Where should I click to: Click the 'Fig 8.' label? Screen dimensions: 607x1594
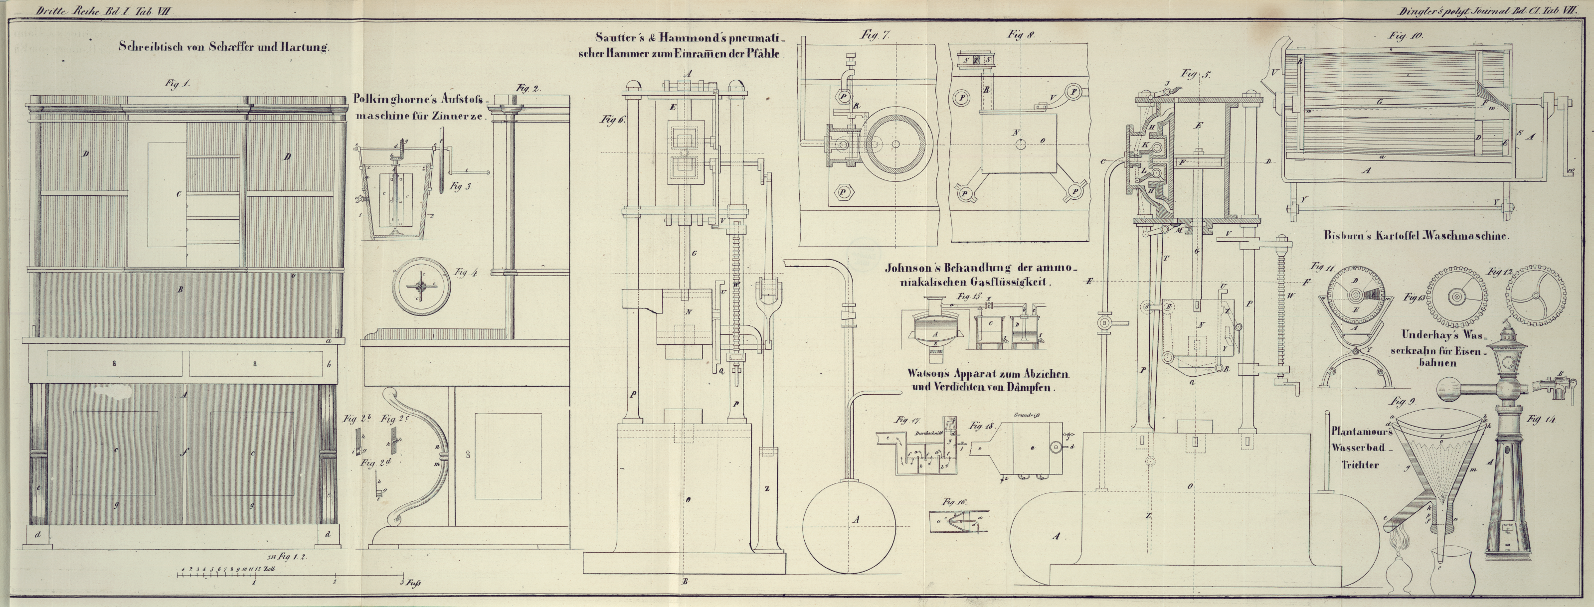(x=1021, y=35)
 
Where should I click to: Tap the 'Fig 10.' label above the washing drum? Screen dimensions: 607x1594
(x=1405, y=36)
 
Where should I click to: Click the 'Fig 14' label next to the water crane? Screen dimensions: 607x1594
(x=1541, y=420)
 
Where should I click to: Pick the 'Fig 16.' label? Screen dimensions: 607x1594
(x=952, y=502)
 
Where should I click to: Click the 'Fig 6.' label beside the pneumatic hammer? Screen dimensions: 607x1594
(x=612, y=120)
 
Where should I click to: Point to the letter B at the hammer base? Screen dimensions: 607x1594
(x=685, y=582)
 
